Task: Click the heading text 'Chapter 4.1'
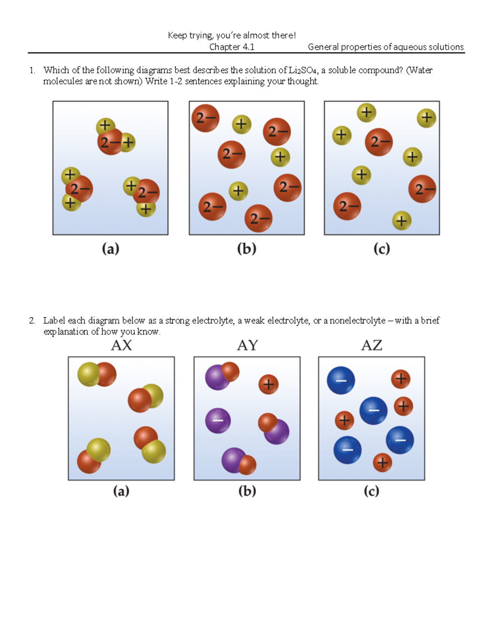click(232, 47)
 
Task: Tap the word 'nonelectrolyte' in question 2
click(357, 320)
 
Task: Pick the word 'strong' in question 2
click(177, 321)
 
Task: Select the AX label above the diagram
click(121, 345)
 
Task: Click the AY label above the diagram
click(247, 345)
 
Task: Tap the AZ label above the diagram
click(372, 345)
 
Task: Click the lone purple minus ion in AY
click(218, 421)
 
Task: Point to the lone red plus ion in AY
click(268, 384)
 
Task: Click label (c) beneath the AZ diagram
click(371, 491)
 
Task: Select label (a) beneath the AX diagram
click(121, 491)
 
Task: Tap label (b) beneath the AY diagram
click(247, 491)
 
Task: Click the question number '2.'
click(32, 321)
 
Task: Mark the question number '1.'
click(32, 71)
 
